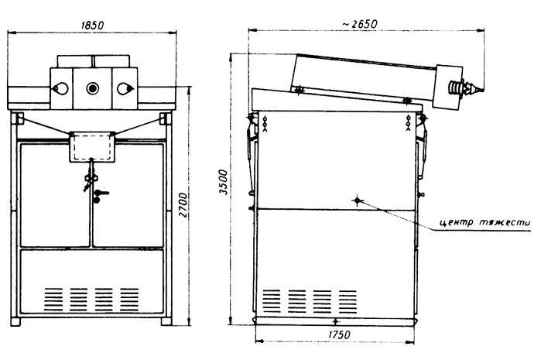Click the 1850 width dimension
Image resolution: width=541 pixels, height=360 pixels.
[92, 26]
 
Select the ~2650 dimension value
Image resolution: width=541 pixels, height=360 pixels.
[360, 24]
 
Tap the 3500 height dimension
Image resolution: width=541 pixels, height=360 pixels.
[224, 182]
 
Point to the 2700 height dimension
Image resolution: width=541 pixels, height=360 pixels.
[183, 205]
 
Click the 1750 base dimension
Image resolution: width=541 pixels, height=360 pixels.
[339, 334]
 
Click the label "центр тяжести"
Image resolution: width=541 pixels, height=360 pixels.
[485, 222]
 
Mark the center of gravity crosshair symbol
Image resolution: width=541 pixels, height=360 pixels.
[358, 201]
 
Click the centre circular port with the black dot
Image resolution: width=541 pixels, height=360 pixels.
[92, 88]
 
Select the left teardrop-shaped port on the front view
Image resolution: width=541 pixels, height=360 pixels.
[60, 89]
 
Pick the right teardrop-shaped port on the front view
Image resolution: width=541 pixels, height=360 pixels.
[125, 89]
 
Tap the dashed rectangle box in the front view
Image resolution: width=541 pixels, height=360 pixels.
[91, 146]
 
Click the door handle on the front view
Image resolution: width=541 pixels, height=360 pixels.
[100, 195]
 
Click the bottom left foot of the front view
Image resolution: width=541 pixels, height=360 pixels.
[15, 322]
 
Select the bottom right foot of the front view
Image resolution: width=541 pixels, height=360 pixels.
[166, 322]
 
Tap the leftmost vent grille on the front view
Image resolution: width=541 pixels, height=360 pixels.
[53, 299]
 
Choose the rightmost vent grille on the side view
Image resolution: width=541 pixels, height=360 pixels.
[348, 301]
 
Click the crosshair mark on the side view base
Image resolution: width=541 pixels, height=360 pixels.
[336, 321]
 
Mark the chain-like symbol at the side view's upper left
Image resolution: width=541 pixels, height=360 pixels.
[265, 123]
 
